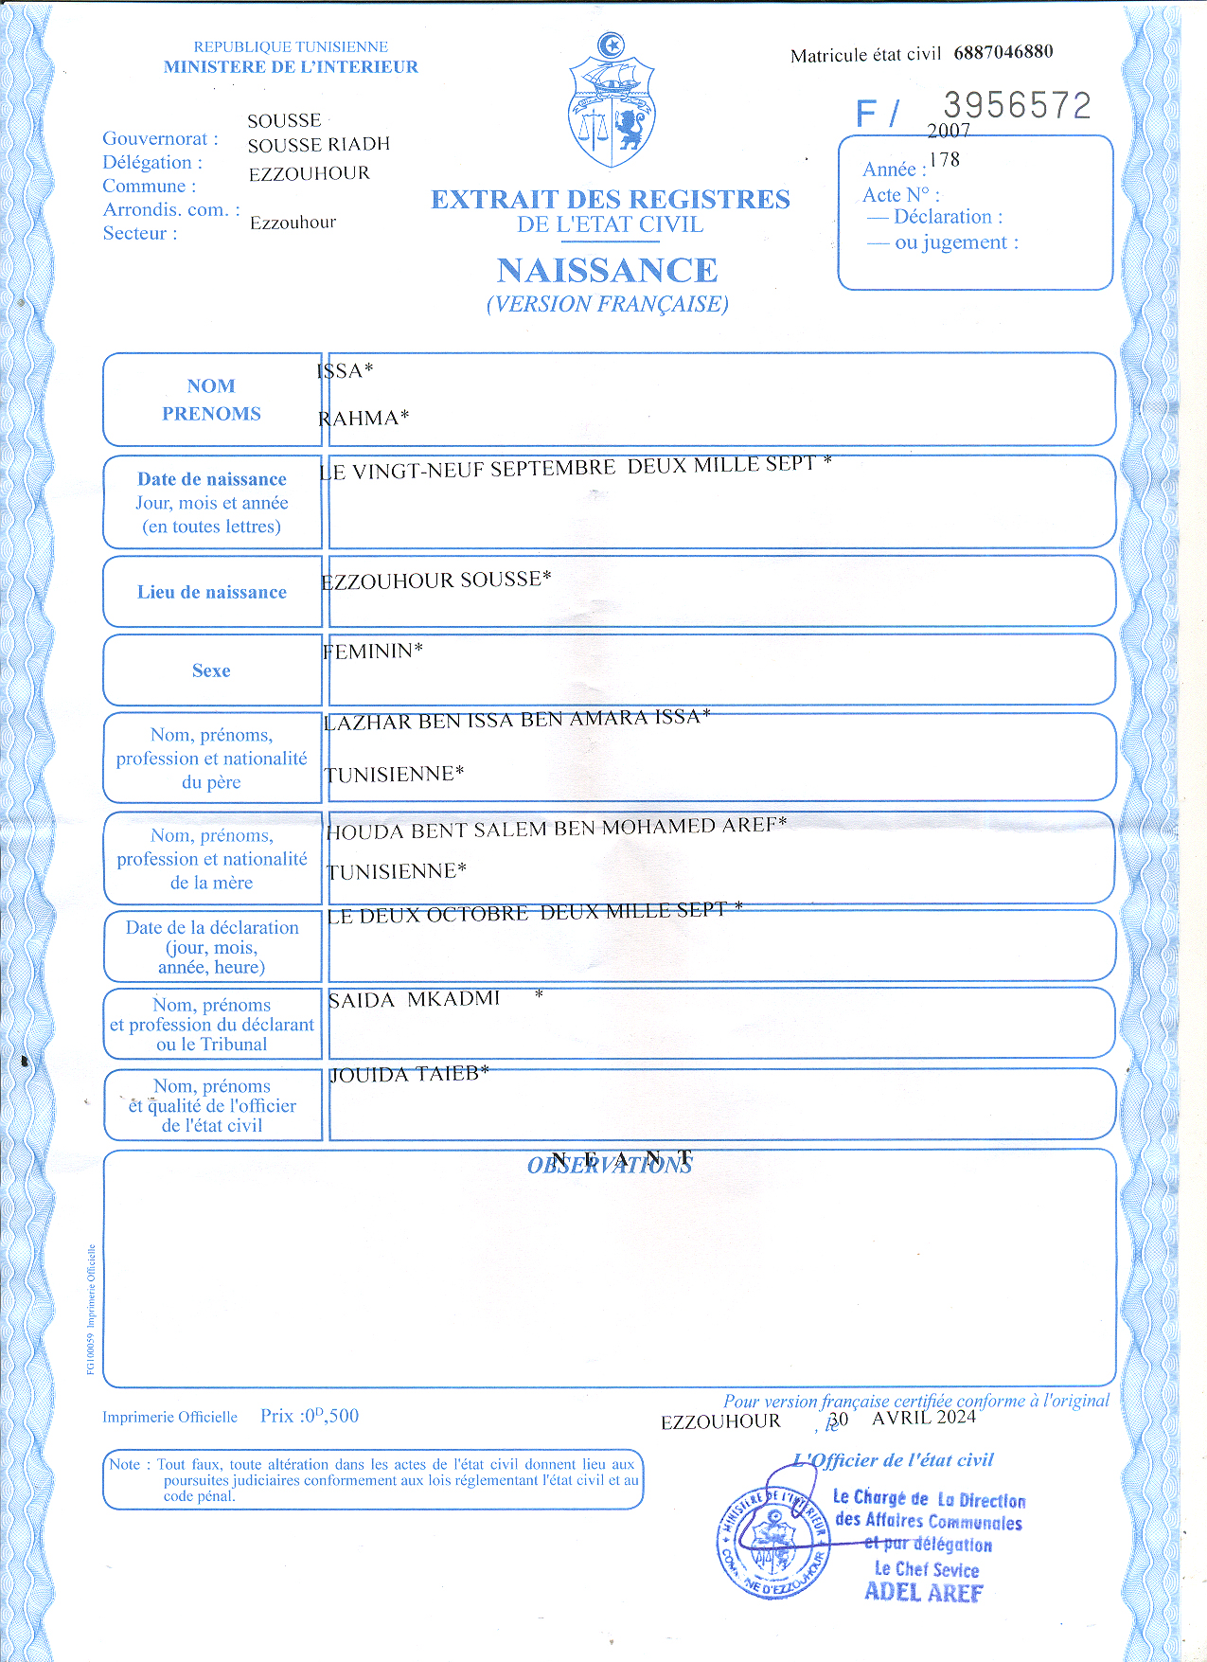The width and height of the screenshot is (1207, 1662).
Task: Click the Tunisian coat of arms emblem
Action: (612, 102)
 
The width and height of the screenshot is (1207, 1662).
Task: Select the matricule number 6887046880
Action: (1003, 52)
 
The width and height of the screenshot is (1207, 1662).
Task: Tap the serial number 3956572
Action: (1017, 105)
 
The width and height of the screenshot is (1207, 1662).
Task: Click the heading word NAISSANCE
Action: (607, 271)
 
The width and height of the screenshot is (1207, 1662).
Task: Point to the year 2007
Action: (949, 131)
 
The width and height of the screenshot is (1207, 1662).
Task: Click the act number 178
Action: (944, 159)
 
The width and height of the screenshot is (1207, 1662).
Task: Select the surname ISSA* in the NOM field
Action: (346, 370)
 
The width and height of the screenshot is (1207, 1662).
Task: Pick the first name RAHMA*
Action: (364, 418)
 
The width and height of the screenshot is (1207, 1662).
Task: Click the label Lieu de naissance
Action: (211, 592)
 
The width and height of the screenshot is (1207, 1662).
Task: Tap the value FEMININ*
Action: (372, 652)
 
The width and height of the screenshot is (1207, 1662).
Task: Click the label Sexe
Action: (211, 670)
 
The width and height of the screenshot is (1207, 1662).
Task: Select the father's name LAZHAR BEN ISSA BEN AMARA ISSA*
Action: (517, 720)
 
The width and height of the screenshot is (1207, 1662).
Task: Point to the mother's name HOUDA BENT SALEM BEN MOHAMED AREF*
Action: (556, 829)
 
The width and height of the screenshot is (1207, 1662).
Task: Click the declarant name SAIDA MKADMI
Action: (414, 999)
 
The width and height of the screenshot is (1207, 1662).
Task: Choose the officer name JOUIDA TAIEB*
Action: (409, 1074)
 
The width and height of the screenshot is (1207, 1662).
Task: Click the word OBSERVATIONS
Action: (610, 1166)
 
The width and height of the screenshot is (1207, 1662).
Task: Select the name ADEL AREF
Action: (923, 1592)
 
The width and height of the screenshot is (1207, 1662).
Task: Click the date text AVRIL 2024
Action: (923, 1418)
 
